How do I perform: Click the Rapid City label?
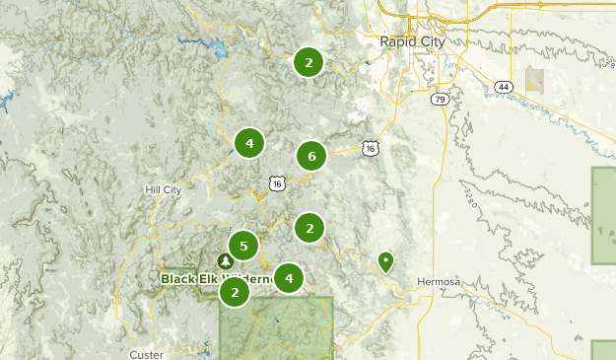coord(412,41)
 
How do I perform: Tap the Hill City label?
coord(163,189)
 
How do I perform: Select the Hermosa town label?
coord(438,282)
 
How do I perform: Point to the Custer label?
coord(146,353)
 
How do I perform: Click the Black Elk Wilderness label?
coord(216,279)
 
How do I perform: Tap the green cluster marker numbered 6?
coord(311,156)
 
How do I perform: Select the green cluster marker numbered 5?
coord(243,246)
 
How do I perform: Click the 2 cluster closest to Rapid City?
coord(308,62)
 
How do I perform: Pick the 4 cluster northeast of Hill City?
coord(249,143)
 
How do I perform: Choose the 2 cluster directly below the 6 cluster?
coord(309,228)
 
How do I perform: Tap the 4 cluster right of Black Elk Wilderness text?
coord(289,278)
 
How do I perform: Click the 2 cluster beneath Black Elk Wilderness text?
coord(235,292)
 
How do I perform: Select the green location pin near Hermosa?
coord(386,261)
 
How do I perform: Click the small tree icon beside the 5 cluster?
coord(225,260)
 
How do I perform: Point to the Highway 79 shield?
coord(440,99)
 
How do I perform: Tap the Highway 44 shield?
coord(504,87)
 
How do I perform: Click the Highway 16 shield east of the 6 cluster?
coord(370,148)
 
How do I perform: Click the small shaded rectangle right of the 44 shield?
coord(535,81)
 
